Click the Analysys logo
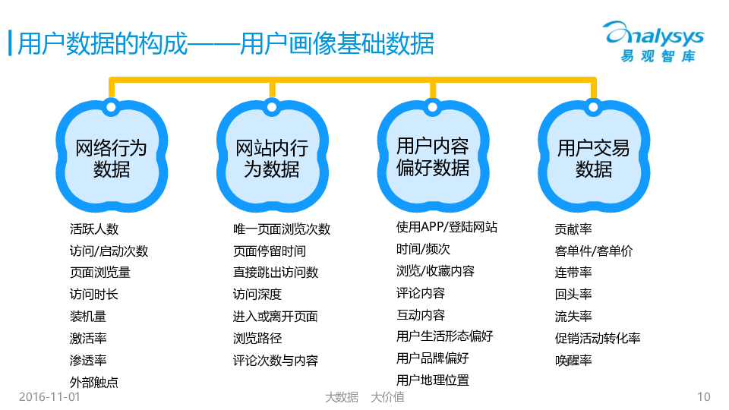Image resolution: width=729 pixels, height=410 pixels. tap(653, 42)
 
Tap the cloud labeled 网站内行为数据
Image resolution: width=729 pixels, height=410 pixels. tap(272, 157)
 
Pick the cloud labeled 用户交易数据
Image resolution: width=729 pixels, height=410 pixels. tap(593, 157)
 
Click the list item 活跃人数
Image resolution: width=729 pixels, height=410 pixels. tap(94, 229)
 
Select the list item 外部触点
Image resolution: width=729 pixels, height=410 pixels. tap(94, 382)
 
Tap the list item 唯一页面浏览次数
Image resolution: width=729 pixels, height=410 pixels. tap(282, 229)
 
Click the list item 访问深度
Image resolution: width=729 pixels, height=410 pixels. tap(257, 295)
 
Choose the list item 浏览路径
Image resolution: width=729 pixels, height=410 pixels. tap(257, 339)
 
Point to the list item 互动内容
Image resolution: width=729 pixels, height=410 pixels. tap(421, 314)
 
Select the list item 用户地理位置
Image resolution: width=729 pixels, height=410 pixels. tap(433, 380)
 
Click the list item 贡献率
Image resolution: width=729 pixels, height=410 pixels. tap(573, 229)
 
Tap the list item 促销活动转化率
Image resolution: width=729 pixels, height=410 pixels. tap(598, 339)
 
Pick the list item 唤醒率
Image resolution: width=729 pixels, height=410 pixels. tap(573, 361)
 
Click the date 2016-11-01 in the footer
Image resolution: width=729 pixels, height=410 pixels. tap(49, 396)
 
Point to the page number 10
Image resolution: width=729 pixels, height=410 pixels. tap(703, 396)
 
